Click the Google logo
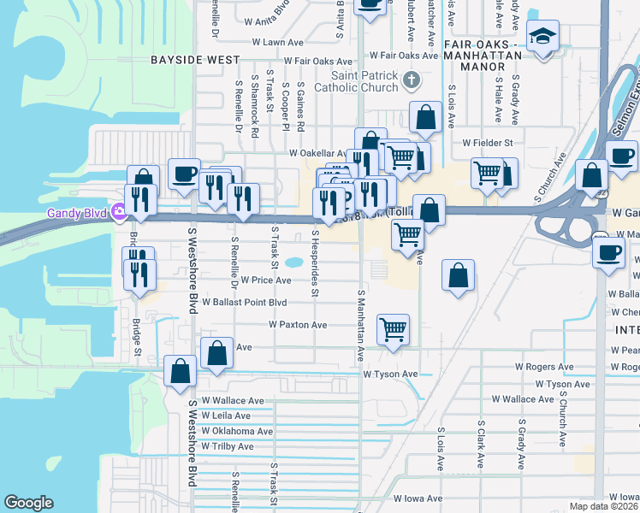coord(29,503)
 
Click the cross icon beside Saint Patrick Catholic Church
coord(412,81)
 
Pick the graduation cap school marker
coord(542,38)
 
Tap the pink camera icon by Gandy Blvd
coord(122,213)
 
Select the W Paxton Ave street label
coord(298,325)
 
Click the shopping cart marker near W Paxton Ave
coord(393,328)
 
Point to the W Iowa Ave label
coord(418,498)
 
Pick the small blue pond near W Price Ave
coord(295,262)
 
